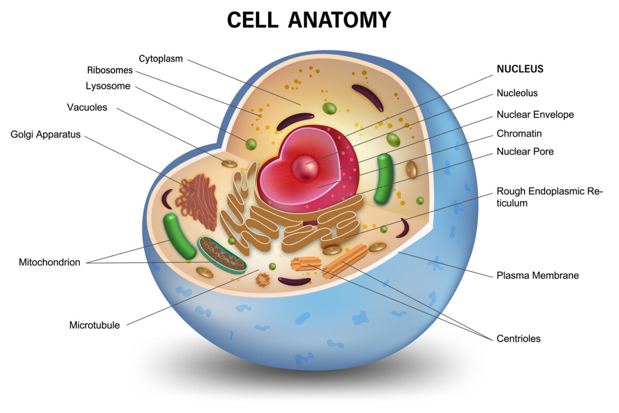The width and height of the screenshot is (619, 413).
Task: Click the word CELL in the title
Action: (x=253, y=20)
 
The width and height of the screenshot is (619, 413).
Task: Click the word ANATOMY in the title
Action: (x=339, y=20)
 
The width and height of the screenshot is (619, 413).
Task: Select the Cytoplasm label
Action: (x=160, y=59)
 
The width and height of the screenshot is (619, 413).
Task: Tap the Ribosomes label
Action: (x=110, y=70)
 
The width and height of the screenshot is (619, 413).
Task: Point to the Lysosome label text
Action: (x=108, y=86)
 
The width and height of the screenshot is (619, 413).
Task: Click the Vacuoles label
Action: (x=87, y=107)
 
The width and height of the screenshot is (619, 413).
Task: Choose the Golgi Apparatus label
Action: (x=45, y=134)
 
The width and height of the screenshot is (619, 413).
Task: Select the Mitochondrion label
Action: (x=50, y=262)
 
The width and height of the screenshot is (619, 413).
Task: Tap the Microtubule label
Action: (x=94, y=325)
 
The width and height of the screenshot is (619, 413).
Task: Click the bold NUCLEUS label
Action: (x=520, y=69)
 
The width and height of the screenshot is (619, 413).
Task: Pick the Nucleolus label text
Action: (x=517, y=93)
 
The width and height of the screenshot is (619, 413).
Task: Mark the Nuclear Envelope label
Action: (x=535, y=115)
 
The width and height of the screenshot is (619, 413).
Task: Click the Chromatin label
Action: (x=519, y=134)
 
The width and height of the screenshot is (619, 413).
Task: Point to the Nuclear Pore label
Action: (x=525, y=151)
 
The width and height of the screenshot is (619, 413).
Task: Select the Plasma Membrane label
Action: (x=537, y=275)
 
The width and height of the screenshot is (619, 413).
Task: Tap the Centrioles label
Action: (x=518, y=339)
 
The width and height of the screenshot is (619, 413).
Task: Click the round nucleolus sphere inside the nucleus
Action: (x=305, y=168)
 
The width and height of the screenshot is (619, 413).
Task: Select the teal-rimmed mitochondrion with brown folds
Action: (x=222, y=254)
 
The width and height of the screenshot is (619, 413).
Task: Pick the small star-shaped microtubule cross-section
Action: (x=263, y=279)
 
